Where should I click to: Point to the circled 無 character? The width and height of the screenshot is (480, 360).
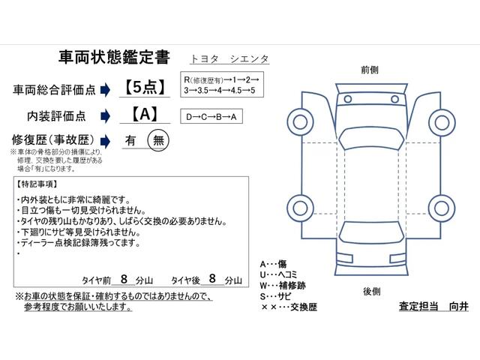(158, 140)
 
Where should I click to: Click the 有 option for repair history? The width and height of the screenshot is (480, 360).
(130, 140)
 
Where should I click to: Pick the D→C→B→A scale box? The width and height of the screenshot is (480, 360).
(214, 116)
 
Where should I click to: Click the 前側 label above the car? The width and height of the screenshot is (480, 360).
(369, 69)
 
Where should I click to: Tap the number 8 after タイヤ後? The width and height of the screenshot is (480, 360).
(212, 278)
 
